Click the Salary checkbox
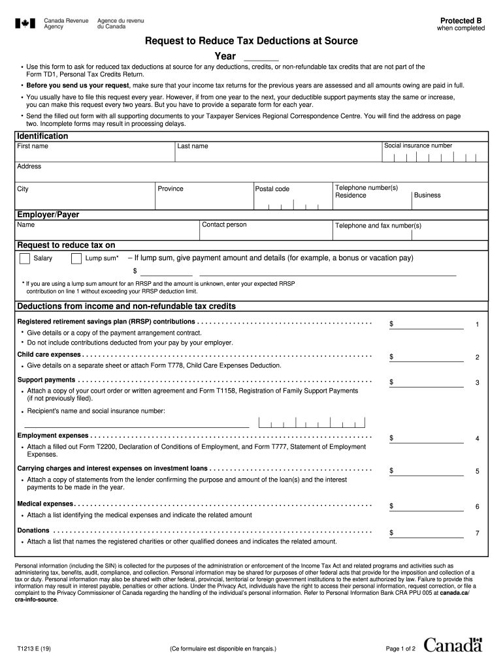tap(24, 259)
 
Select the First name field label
tap(33, 146)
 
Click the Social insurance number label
tap(418, 145)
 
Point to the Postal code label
tap(272, 189)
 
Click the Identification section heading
tap(42, 136)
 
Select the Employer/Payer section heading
tap(48, 215)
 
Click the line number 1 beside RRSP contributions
tap(478, 324)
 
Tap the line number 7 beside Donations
tap(478, 533)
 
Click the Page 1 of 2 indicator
tap(400, 649)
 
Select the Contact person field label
tap(224, 225)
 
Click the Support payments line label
tap(46, 380)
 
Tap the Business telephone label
tap(427, 195)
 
